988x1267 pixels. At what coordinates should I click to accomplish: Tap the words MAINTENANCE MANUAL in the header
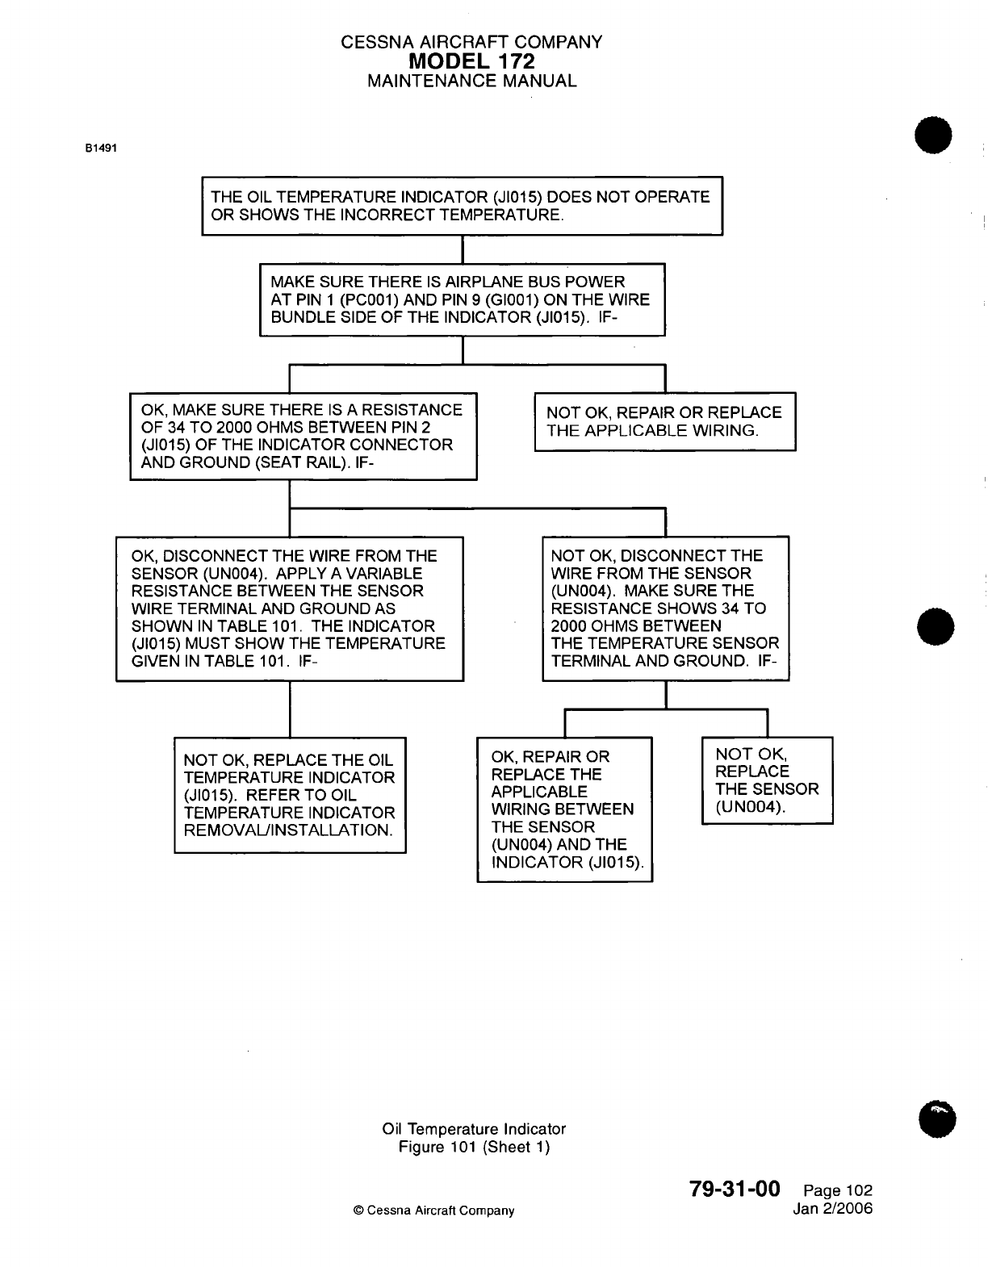tap(471, 81)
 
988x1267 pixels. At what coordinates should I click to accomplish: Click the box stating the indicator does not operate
tap(462, 206)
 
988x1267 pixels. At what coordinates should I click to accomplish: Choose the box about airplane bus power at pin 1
tap(462, 299)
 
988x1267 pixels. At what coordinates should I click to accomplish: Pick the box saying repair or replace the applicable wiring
tap(665, 421)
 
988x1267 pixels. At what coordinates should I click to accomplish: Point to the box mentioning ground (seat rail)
tap(304, 436)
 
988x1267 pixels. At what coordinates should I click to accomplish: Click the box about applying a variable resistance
tap(290, 608)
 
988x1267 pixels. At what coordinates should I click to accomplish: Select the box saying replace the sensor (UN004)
tap(767, 780)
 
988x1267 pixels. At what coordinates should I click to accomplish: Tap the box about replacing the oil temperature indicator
tap(290, 795)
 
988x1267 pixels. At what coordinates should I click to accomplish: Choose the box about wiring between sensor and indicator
tap(564, 809)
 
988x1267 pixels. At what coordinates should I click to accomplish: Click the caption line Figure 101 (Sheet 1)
tap(474, 1147)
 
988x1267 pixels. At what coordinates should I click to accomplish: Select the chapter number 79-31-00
tap(735, 1189)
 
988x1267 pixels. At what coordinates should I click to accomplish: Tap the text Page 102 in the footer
tap(838, 1190)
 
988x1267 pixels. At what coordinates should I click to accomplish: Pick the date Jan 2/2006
tap(833, 1208)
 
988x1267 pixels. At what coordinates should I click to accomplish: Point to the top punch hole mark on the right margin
tap(933, 136)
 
